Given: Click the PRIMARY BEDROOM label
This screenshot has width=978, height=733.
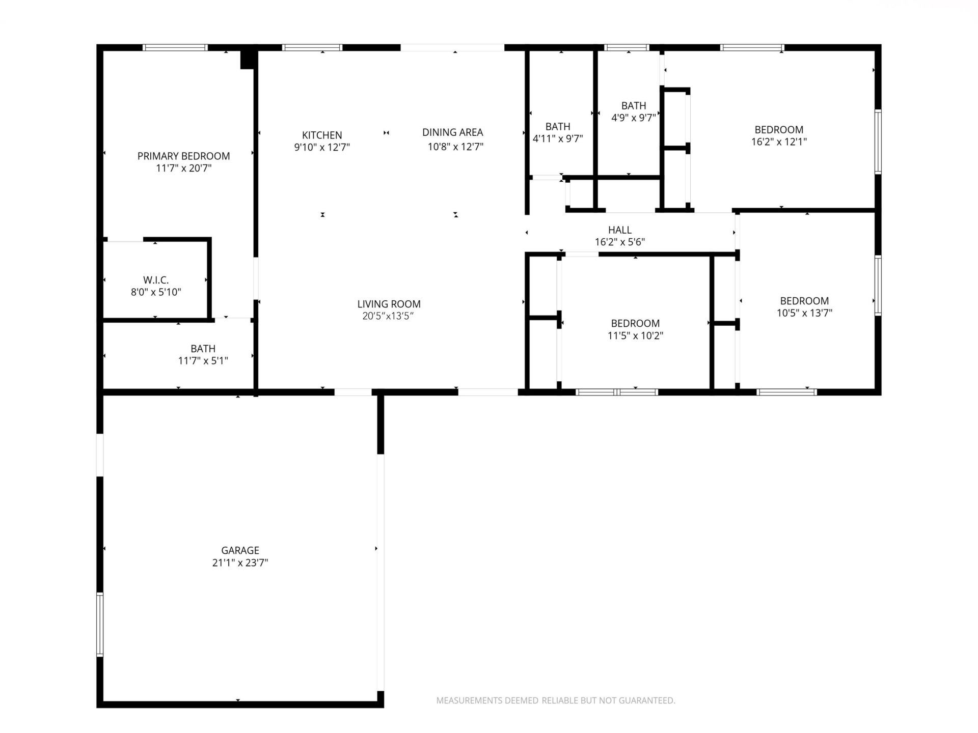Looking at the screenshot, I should click(183, 156).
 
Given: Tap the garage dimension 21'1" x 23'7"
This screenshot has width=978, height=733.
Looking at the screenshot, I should click(240, 563).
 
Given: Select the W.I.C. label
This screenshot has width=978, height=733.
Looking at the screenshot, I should click(156, 280).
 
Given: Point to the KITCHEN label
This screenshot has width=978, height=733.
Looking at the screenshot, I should click(322, 135).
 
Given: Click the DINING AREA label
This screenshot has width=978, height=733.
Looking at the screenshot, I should click(452, 132).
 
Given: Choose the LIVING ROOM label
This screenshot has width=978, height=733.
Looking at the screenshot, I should click(389, 304).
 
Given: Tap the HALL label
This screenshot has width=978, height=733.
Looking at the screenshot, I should click(619, 230).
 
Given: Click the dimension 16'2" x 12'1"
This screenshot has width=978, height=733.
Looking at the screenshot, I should click(779, 142).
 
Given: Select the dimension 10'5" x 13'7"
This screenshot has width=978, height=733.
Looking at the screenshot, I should click(804, 313).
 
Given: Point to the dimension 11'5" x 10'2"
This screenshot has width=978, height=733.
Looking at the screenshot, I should click(635, 335).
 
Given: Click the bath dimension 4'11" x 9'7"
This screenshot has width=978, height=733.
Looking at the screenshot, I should click(558, 138).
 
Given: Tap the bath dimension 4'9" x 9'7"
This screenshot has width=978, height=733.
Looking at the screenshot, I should click(634, 118).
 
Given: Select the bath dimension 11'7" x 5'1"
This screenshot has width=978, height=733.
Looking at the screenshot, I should click(203, 361).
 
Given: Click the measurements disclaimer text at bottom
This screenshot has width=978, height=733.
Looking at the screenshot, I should click(555, 700).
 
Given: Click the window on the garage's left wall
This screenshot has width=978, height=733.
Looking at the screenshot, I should click(100, 625).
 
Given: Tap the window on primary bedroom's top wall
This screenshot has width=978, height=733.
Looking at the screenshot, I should click(175, 48).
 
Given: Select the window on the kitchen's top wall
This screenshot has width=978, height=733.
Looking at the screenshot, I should click(312, 48).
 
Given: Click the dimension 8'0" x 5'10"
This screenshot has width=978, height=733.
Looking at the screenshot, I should click(156, 292).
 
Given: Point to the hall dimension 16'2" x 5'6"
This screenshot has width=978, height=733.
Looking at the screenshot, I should click(619, 242).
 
